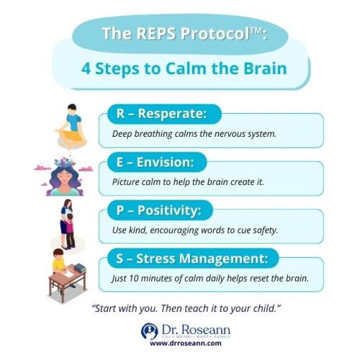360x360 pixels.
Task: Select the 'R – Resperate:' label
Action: coord(160,114)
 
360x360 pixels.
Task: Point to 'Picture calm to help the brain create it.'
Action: coord(189,182)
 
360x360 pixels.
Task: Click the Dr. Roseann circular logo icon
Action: coord(149,330)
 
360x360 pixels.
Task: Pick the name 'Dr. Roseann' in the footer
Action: coord(189,328)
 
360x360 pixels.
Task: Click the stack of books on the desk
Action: coord(80,269)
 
